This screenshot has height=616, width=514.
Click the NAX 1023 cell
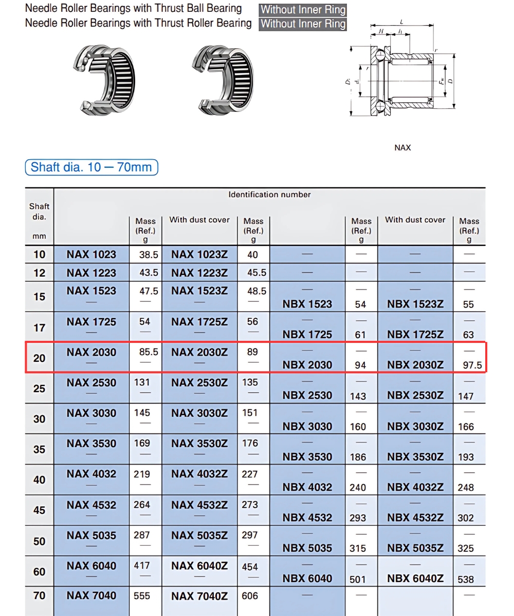91,254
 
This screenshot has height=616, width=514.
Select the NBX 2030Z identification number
415,365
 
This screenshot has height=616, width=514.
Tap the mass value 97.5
472,365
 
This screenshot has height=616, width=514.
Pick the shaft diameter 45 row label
40,510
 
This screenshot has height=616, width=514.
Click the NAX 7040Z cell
199,596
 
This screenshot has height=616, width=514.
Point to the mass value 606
250,596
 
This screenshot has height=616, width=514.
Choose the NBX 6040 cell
307,579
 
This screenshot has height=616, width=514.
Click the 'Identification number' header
269,195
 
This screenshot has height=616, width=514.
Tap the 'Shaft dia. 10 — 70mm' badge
91,167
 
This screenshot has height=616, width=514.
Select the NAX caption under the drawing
402,148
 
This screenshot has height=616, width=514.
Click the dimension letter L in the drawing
401,22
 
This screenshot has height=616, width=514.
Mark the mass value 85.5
149,353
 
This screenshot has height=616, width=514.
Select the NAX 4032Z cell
199,474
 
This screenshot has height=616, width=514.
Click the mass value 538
466,579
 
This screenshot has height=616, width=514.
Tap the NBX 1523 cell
307,304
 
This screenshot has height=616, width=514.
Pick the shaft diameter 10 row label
40,254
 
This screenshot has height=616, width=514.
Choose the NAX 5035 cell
91,535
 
